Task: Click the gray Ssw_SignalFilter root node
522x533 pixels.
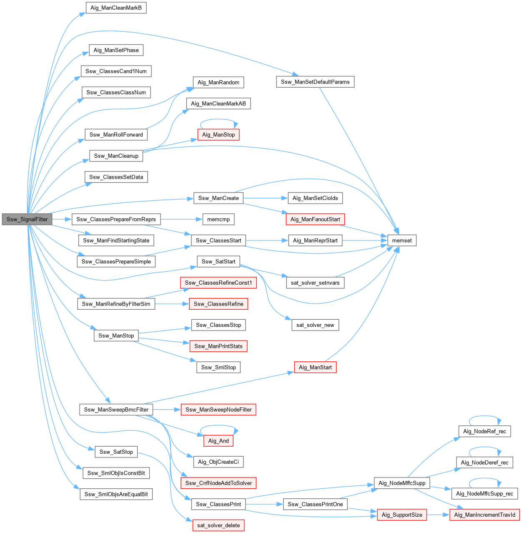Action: pyautogui.click(x=27, y=219)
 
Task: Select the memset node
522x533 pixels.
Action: pyautogui.click(x=402, y=240)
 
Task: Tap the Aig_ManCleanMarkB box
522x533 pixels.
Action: pyautogui.click(x=116, y=8)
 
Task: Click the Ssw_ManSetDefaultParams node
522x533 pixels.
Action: pyautogui.click(x=315, y=82)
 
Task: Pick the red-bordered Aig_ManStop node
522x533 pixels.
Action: pyautogui.click(x=218, y=134)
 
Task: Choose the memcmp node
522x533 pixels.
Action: pyautogui.click(x=218, y=219)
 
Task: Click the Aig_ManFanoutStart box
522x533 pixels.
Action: pyautogui.click(x=315, y=219)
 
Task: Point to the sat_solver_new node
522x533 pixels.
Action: pyautogui.click(x=315, y=325)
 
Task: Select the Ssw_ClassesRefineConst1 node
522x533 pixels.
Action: pyautogui.click(x=218, y=283)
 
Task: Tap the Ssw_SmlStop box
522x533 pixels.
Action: pyautogui.click(x=218, y=367)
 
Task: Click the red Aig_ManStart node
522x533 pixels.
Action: pyautogui.click(x=315, y=367)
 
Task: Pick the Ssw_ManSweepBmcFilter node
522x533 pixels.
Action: pyautogui.click(x=116, y=409)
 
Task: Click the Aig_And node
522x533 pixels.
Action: pyautogui.click(x=218, y=441)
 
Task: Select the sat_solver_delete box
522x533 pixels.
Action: pyautogui.click(x=218, y=525)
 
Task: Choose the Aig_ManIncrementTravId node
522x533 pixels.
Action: pyautogui.click(x=484, y=515)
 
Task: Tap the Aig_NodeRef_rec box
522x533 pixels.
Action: pyautogui.click(x=484, y=431)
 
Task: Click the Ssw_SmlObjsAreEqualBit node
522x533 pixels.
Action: pyautogui.click(x=116, y=494)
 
